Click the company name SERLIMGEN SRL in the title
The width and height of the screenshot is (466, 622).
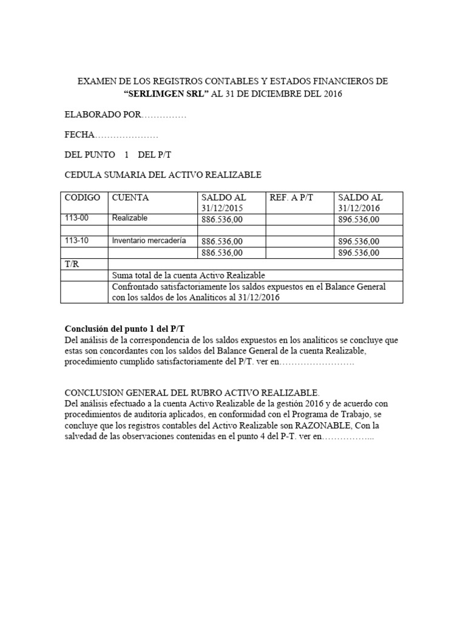165,94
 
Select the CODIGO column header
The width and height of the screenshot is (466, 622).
83,197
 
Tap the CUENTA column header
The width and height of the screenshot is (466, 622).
129,197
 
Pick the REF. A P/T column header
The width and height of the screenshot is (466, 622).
291,197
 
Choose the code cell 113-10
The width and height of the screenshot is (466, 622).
76,241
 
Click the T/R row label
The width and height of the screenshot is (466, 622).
72,264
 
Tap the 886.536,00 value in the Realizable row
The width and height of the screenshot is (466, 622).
222,219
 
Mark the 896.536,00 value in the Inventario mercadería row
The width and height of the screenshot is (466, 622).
359,241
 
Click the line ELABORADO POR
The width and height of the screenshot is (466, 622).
125,115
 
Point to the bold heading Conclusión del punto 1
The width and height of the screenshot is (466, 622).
123,328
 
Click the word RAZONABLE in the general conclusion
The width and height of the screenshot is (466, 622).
327,425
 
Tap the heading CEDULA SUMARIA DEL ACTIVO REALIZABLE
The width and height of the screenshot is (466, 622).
163,175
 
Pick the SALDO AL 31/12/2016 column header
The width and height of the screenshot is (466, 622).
360,202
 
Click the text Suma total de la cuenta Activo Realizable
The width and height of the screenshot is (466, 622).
189,275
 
